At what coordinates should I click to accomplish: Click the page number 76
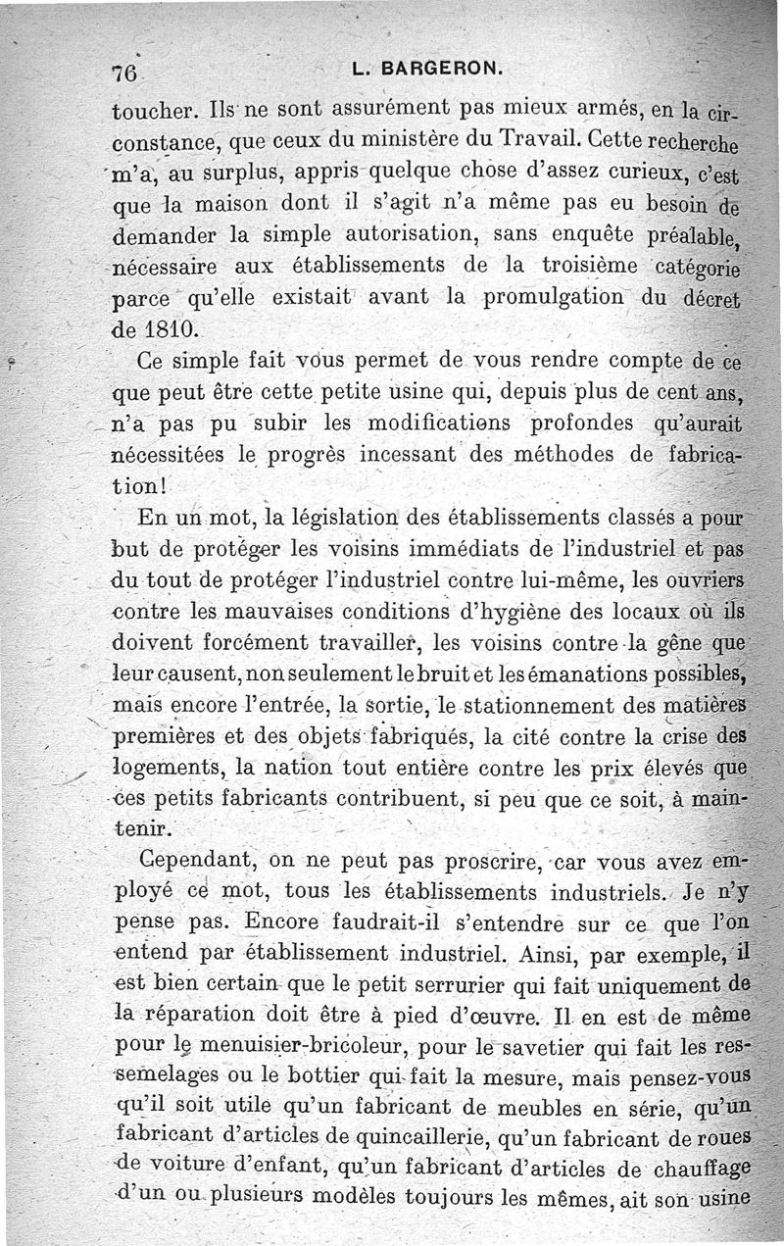point(123,73)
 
